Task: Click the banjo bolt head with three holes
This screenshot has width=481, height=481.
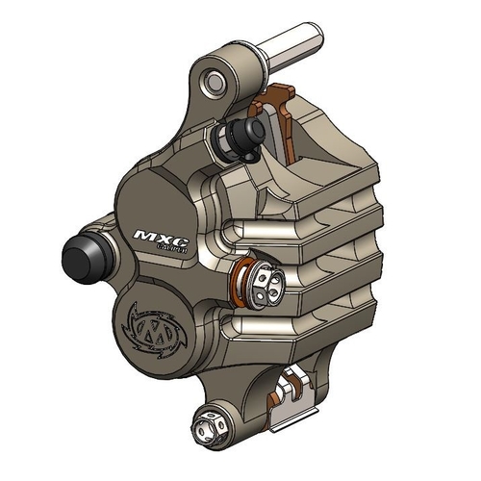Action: (x=264, y=279)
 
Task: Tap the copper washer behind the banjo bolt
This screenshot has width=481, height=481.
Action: (x=246, y=278)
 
